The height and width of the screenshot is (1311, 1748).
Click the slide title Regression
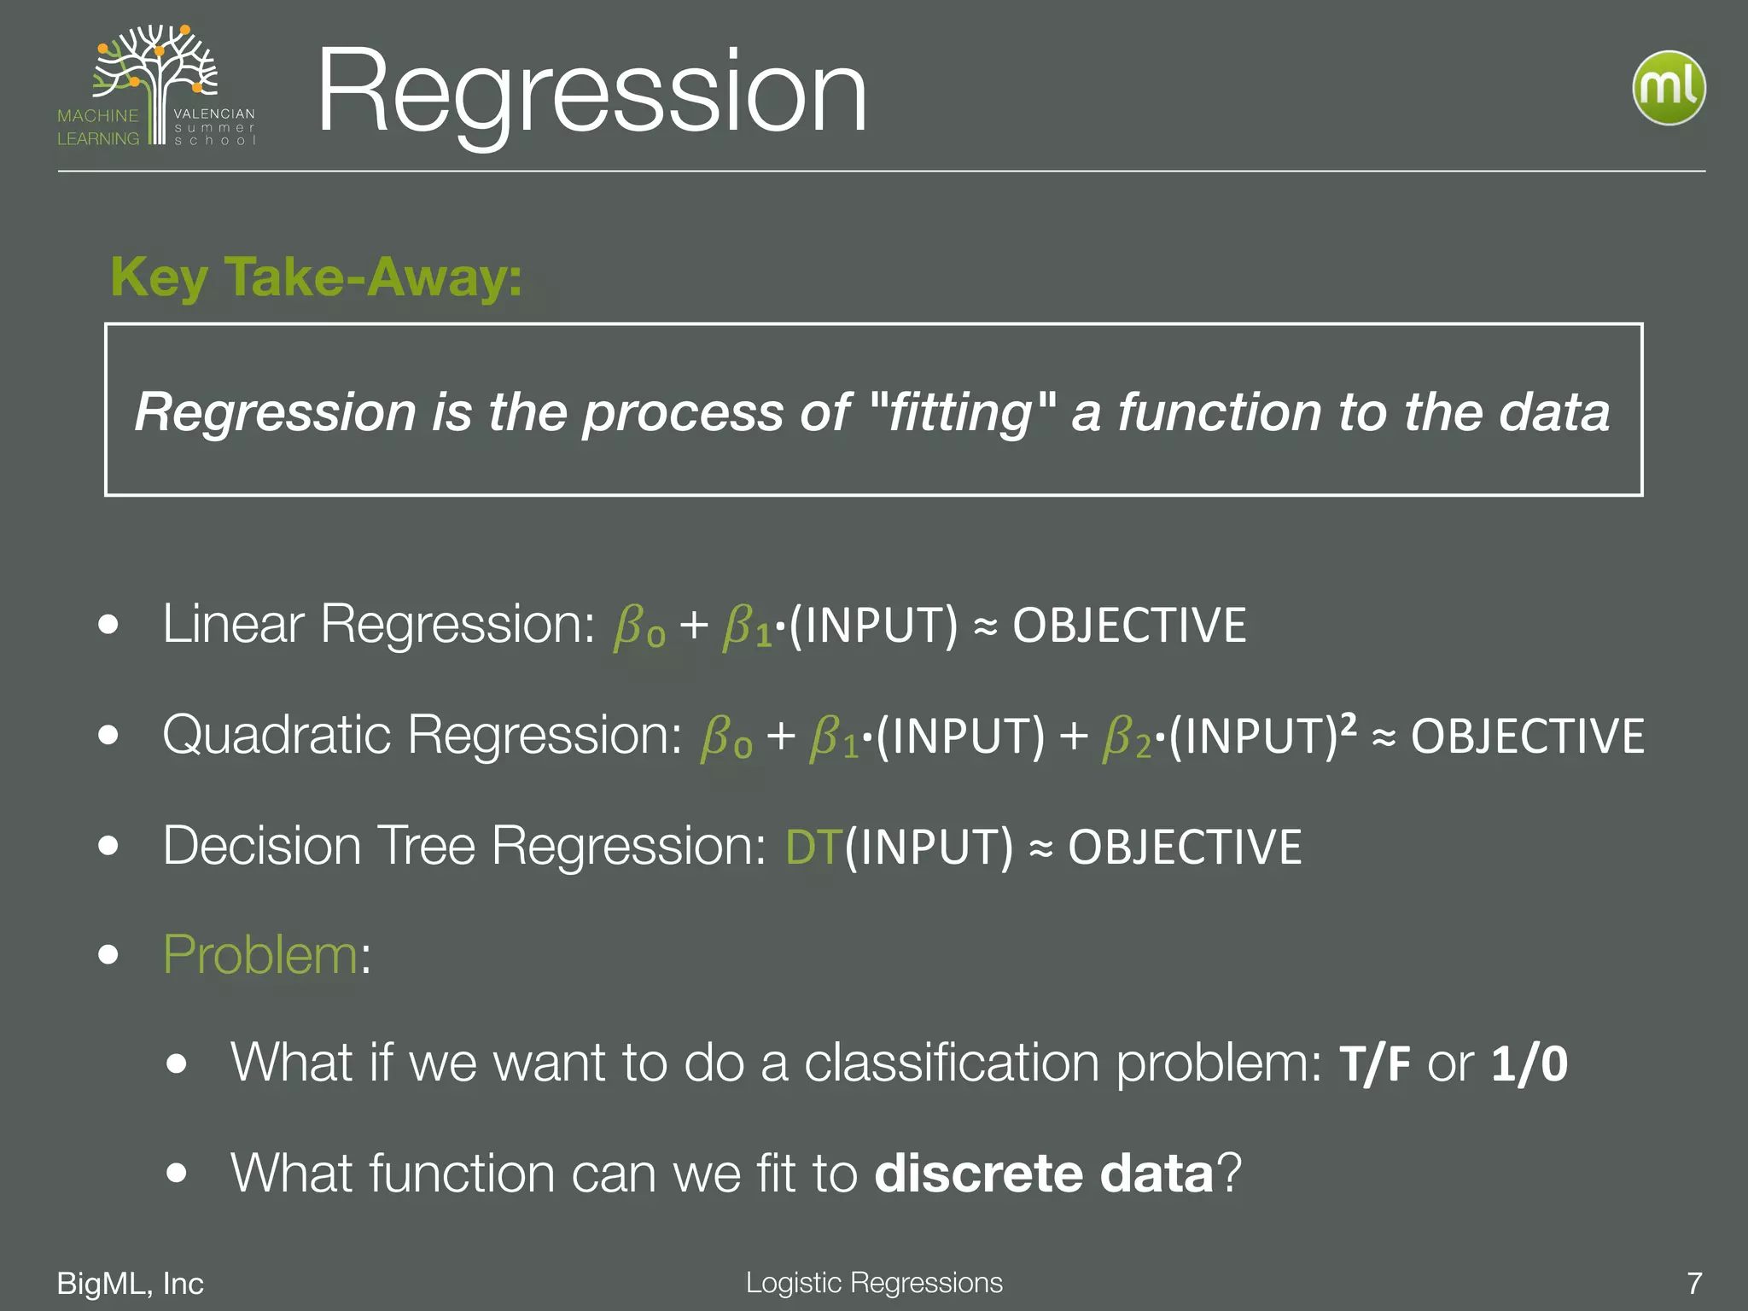[591, 91]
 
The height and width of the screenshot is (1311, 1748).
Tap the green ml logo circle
[1669, 88]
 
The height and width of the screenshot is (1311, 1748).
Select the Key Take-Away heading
[316, 277]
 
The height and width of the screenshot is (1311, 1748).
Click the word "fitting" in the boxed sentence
[962, 412]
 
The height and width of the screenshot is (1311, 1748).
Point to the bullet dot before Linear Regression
[108, 624]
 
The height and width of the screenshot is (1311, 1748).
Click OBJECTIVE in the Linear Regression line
[1129, 626]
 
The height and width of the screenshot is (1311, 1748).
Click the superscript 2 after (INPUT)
[1348, 724]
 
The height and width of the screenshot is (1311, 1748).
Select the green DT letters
[813, 848]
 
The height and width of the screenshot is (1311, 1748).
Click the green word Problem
[260, 954]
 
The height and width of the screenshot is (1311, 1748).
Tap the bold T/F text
[1374, 1064]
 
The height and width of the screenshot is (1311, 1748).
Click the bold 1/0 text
[1529, 1064]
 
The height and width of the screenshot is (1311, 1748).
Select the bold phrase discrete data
[1044, 1174]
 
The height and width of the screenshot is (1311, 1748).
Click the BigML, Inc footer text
[130, 1284]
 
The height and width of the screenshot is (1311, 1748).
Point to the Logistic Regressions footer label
[874, 1283]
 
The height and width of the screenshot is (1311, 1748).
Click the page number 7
[1694, 1284]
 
